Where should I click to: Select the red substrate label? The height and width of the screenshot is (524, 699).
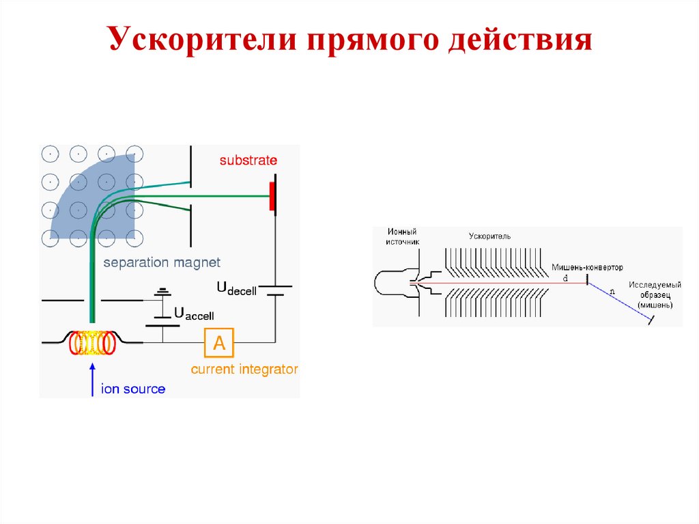(x=248, y=161)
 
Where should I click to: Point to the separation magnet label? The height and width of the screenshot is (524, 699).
(x=162, y=262)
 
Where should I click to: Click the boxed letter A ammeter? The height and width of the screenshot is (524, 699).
(x=219, y=343)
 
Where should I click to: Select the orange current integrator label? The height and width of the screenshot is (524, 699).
(x=244, y=370)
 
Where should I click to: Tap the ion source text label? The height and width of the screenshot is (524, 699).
(x=133, y=389)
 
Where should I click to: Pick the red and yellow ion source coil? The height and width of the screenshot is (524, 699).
(x=91, y=343)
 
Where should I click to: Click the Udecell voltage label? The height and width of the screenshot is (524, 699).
(x=237, y=289)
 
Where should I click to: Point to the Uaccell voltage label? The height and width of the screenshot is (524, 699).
(x=194, y=314)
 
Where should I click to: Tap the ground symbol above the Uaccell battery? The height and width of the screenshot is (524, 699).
(x=162, y=292)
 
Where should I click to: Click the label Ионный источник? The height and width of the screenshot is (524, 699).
(x=401, y=237)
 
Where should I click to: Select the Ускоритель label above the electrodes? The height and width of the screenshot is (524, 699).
(x=489, y=236)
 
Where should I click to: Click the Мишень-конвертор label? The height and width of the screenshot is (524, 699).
(x=587, y=267)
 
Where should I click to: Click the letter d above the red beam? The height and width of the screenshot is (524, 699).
(x=565, y=278)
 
